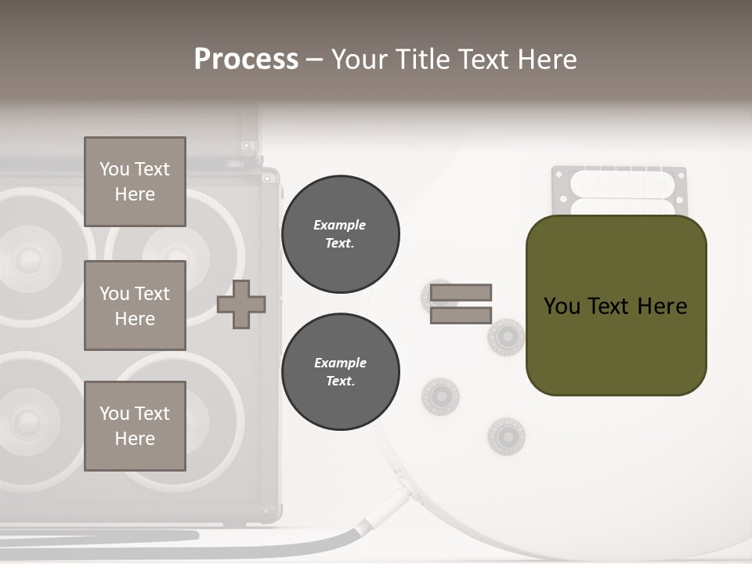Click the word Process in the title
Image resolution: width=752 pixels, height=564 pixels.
coord(246,60)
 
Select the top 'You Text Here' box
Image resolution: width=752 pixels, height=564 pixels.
coord(135,182)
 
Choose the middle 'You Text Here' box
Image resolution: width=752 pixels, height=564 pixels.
coord(135,305)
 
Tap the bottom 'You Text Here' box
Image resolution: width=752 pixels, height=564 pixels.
coord(135,426)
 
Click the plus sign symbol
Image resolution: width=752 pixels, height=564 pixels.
coord(241,304)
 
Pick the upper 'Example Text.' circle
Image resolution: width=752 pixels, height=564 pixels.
coord(340,234)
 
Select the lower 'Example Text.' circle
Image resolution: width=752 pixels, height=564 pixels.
coord(340,372)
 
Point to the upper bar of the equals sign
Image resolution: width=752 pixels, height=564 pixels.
coord(461,292)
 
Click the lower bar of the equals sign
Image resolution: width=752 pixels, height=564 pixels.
coord(461,315)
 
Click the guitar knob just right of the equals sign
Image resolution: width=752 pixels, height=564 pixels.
coord(507,337)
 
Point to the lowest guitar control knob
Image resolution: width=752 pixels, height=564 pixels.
coord(506,436)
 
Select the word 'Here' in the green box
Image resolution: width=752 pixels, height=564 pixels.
coord(662,306)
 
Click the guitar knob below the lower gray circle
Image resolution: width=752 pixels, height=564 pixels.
coord(439,396)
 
